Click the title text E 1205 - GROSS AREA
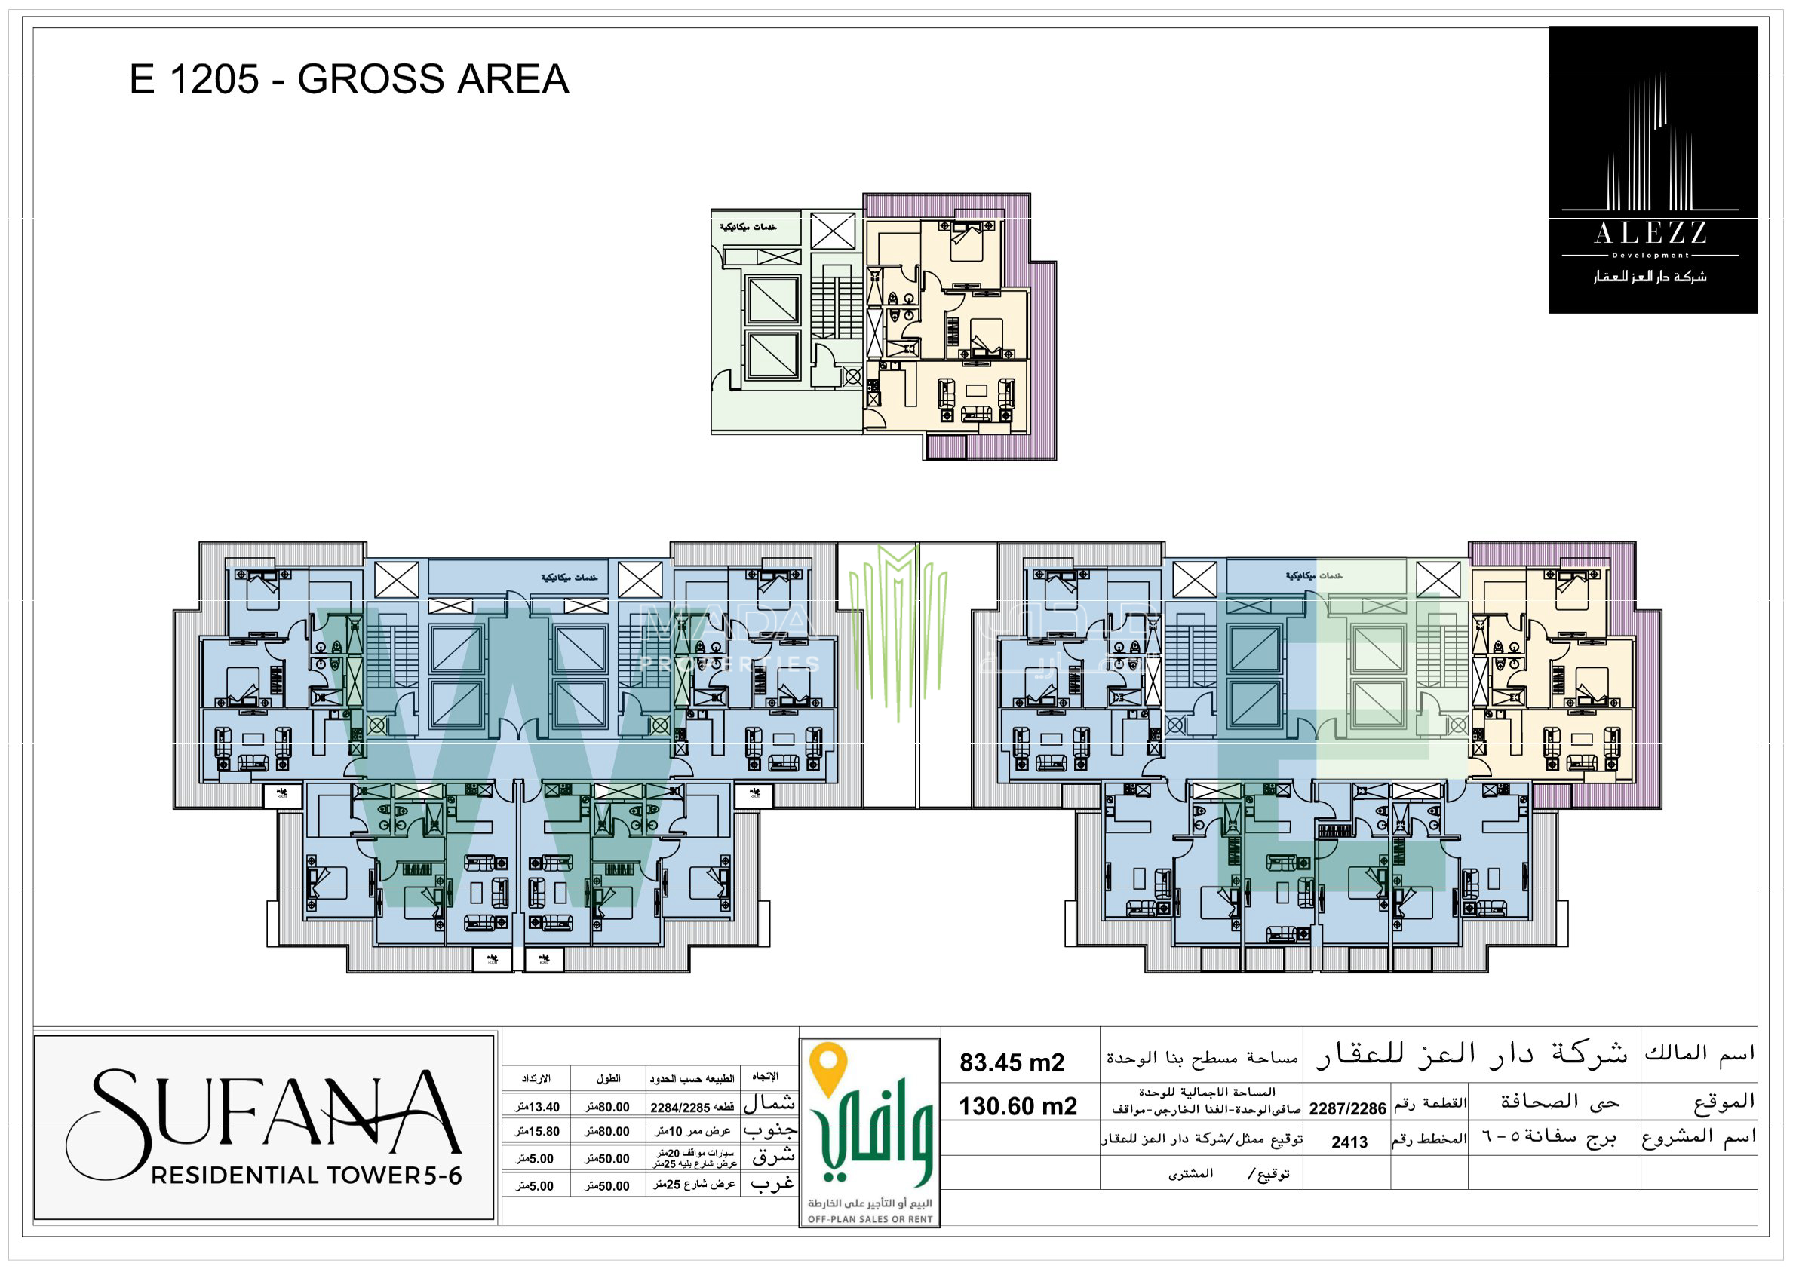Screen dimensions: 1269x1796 pyautogui.click(x=349, y=79)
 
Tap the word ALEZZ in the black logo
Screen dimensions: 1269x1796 pyautogui.click(x=1650, y=232)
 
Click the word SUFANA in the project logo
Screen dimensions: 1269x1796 pyautogui.click(x=266, y=1114)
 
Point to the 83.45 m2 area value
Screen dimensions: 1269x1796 pyautogui.click(x=1012, y=1062)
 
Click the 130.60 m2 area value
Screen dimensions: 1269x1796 pyautogui.click(x=1018, y=1106)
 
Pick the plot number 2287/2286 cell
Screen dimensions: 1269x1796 pyautogui.click(x=1347, y=1108)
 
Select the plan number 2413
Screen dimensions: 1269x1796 pyautogui.click(x=1349, y=1142)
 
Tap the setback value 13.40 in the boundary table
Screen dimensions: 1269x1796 pyautogui.click(x=538, y=1107)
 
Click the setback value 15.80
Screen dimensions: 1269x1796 pyautogui.click(x=538, y=1131)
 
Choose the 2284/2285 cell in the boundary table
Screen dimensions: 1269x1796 pyautogui.click(x=680, y=1108)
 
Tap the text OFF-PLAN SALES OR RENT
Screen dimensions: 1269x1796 pyautogui.click(x=870, y=1219)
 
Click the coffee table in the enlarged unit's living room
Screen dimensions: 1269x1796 pyautogui.click(x=976, y=391)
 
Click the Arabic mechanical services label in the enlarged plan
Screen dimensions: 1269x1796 pyautogui.click(x=748, y=227)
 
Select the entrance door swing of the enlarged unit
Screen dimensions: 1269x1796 pyautogui.click(x=874, y=419)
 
